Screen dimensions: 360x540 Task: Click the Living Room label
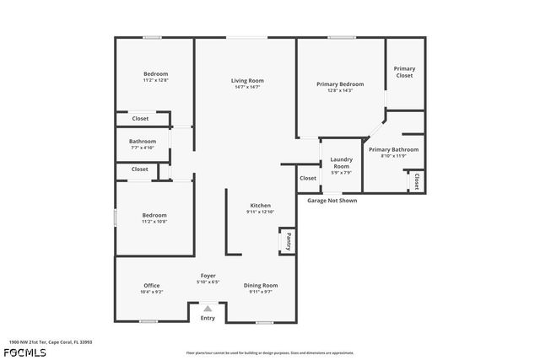click(247, 81)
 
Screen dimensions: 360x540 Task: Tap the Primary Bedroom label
click(340, 84)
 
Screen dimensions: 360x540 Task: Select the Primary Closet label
click(405, 72)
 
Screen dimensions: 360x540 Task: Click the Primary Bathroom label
click(393, 149)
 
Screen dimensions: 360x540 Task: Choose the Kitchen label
click(260, 206)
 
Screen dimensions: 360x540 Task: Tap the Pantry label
click(289, 242)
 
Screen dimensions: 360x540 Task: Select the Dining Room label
click(261, 286)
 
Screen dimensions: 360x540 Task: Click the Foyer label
click(208, 276)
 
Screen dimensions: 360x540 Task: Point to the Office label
click(151, 286)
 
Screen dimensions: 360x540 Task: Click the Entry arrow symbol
click(208, 309)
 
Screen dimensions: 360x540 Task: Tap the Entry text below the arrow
click(208, 318)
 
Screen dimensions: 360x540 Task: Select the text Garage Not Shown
click(332, 201)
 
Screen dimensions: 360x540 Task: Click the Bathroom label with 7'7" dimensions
click(143, 142)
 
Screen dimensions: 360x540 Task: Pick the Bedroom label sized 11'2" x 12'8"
click(155, 74)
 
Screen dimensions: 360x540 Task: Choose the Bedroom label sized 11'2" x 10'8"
click(154, 215)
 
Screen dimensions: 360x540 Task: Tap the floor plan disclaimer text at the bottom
click(269, 352)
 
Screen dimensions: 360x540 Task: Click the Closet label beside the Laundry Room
click(308, 178)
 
